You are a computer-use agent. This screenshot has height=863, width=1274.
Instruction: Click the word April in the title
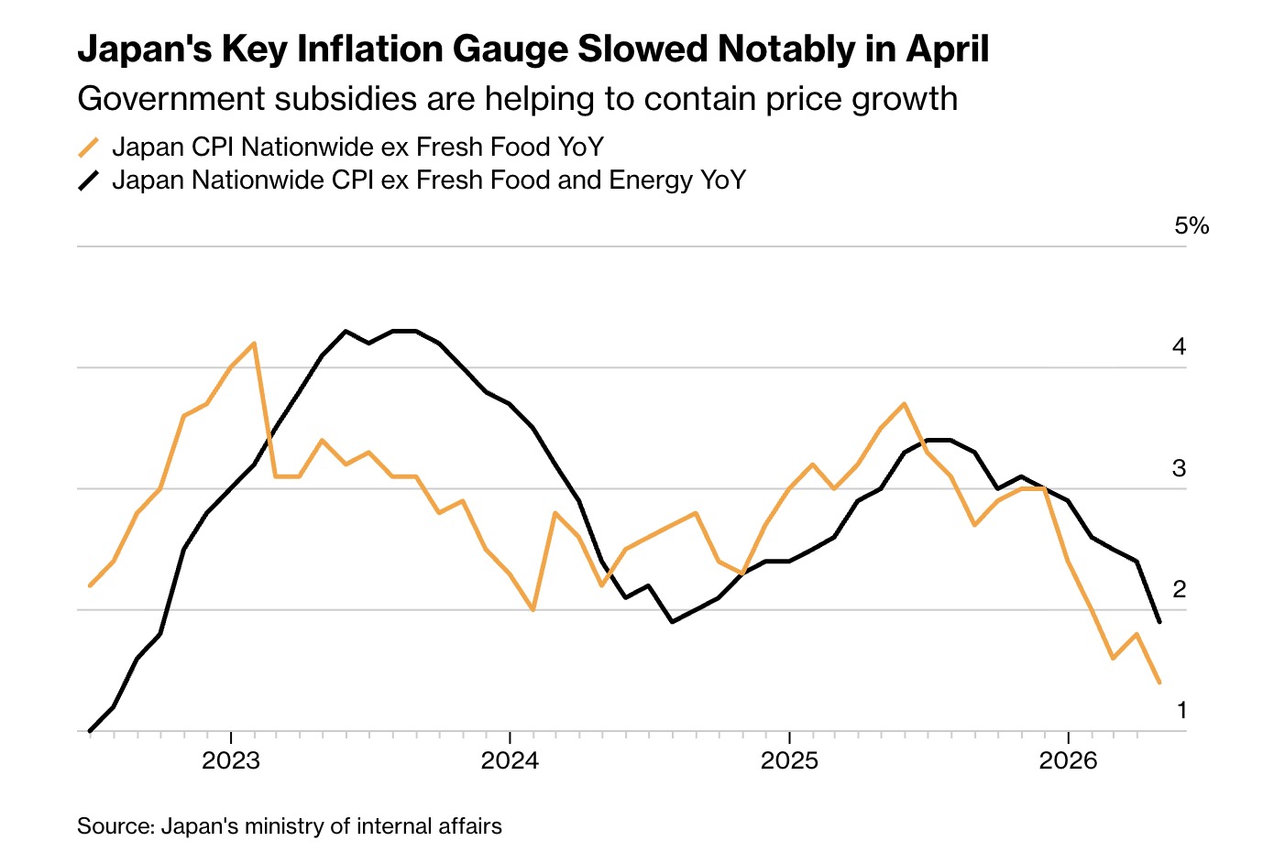click(947, 49)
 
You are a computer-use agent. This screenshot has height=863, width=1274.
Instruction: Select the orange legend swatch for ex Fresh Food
click(89, 147)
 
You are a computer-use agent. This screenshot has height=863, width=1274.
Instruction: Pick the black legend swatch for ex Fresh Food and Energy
click(89, 180)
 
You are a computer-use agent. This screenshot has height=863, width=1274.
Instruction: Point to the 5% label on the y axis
click(1192, 226)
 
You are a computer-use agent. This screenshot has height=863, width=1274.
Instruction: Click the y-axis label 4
click(1179, 346)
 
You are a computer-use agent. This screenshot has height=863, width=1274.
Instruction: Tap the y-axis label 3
click(1179, 468)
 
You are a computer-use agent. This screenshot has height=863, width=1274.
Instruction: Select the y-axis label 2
click(1179, 590)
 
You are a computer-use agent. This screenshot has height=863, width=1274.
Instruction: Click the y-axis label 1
click(1181, 710)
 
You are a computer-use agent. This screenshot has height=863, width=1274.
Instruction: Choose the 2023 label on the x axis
click(231, 760)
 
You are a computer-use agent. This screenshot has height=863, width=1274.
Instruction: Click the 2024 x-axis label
click(510, 760)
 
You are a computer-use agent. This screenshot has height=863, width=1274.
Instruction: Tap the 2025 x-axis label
click(789, 760)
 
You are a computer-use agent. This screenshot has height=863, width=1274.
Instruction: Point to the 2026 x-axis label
click(1068, 760)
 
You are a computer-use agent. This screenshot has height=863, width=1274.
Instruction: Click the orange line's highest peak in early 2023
click(254, 343)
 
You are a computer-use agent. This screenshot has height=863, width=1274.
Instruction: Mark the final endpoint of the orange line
click(1159, 683)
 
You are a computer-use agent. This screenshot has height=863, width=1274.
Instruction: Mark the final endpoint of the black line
click(1159, 622)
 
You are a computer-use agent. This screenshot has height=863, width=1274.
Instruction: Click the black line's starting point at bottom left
click(90, 730)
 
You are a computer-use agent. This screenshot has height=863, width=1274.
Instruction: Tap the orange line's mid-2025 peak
click(905, 404)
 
